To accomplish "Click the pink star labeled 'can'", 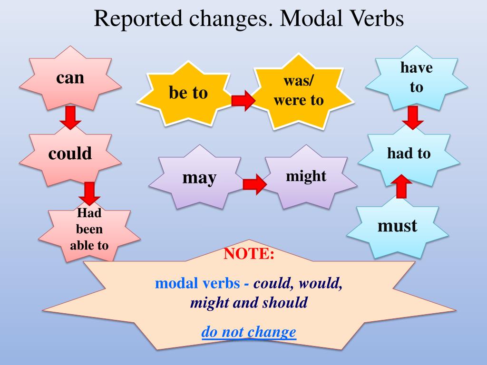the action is pyautogui.click(x=70, y=78).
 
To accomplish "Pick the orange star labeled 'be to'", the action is pyautogui.click(x=188, y=93).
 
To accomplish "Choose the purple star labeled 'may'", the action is pyautogui.click(x=199, y=178).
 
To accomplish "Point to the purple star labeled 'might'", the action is pyautogui.click(x=306, y=176).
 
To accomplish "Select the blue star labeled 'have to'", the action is pyautogui.click(x=416, y=77).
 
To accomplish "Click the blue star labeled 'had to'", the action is pyautogui.click(x=409, y=154).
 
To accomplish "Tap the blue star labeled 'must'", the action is pyautogui.click(x=397, y=226).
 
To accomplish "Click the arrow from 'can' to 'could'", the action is pyautogui.click(x=70, y=118).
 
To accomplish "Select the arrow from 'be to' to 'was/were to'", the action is pyautogui.click(x=243, y=100).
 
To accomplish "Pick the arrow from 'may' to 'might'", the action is pyautogui.click(x=255, y=184).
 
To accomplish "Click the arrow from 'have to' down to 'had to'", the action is pyautogui.click(x=413, y=117).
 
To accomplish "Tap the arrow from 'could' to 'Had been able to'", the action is pyautogui.click(x=89, y=193).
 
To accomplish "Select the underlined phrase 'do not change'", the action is pyautogui.click(x=249, y=332).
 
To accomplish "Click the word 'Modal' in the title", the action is pyautogui.click(x=310, y=19).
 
